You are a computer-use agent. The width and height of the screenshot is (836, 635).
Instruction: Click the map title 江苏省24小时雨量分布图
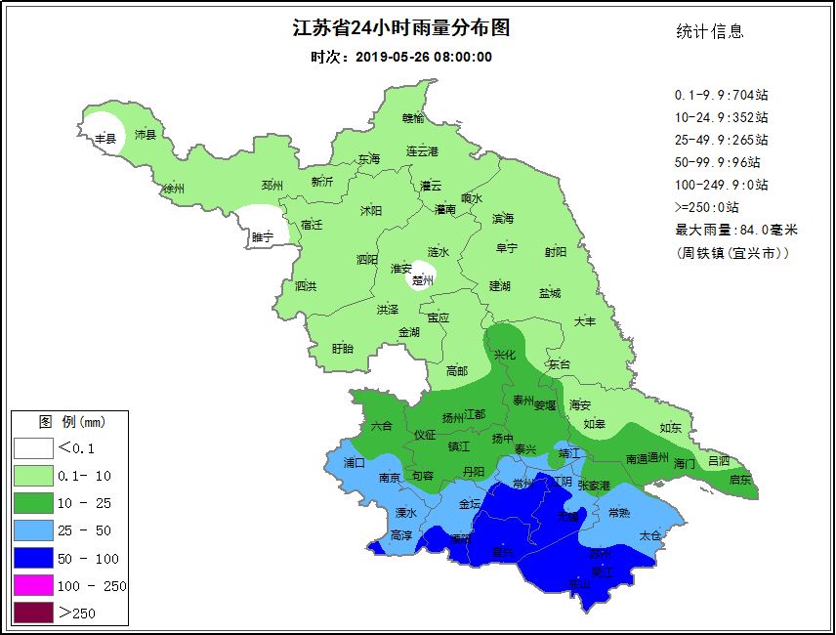(x=401, y=28)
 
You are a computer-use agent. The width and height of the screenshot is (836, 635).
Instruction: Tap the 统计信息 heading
(x=710, y=31)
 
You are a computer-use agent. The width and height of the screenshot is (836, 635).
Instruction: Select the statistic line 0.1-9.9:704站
(x=721, y=95)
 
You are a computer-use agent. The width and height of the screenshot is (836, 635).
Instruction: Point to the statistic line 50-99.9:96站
(x=721, y=162)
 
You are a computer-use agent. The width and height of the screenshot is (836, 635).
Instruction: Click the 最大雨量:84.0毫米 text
(x=736, y=230)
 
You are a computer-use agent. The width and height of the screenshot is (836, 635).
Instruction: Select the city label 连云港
(x=422, y=151)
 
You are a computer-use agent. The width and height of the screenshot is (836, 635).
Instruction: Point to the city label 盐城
(x=550, y=293)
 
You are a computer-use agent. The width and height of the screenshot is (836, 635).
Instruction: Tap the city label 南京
(x=389, y=477)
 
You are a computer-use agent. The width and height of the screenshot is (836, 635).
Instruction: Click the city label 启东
(x=740, y=480)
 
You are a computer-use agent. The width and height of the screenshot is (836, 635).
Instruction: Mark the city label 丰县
(x=104, y=140)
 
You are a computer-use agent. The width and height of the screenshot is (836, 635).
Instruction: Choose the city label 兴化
(x=504, y=356)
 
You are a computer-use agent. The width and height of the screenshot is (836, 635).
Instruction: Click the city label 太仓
(x=649, y=535)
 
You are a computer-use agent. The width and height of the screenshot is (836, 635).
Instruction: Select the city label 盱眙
(x=342, y=348)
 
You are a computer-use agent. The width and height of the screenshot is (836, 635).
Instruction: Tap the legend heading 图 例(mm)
(x=71, y=422)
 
